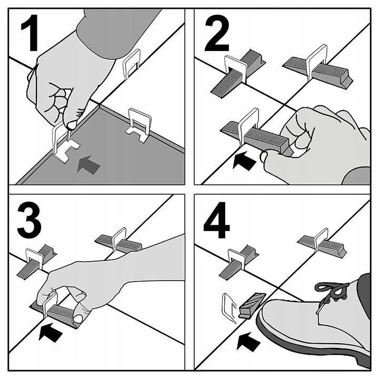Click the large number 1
(31, 33)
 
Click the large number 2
(217, 33)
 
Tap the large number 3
(29, 220)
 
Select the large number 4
(216, 220)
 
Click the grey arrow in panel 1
(88, 165)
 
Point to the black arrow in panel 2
(244, 160)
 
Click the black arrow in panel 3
(51, 332)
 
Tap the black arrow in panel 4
(248, 342)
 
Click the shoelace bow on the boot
(332, 290)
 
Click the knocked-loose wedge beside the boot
(252, 305)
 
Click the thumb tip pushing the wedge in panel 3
(78, 319)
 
